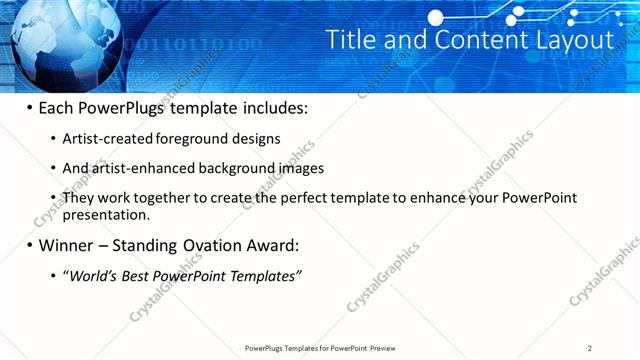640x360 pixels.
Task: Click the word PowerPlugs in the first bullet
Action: coord(124,108)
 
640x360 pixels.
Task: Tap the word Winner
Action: coord(66,245)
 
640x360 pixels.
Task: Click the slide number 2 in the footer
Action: coord(590,348)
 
